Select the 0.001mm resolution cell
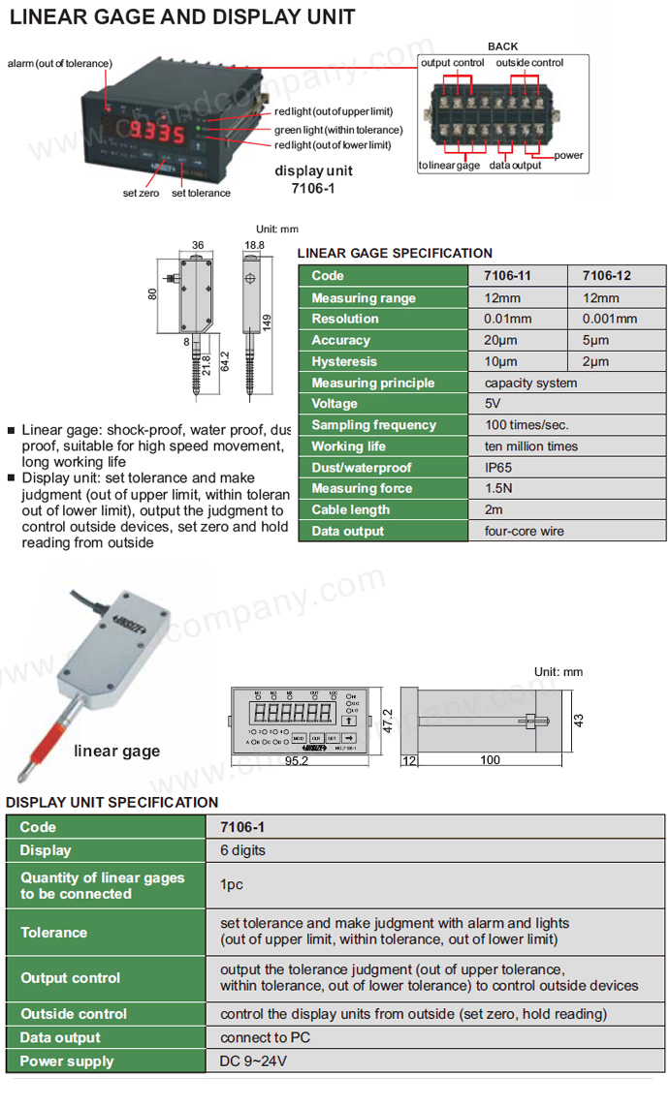point(610,319)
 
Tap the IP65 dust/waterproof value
point(498,468)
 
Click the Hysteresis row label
point(344,361)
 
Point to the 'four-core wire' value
point(524,531)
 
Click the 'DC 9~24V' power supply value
point(253,1061)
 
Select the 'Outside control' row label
point(74,1014)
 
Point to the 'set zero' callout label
point(141,193)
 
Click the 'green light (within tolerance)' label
point(337,130)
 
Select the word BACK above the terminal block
point(502,46)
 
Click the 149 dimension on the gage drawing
point(267,321)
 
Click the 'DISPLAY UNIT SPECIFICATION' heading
point(112,802)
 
